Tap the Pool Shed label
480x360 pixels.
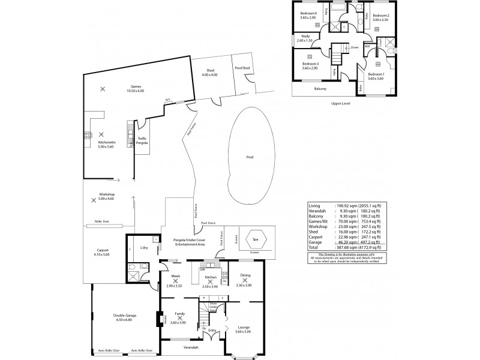pyautogui.click(x=242, y=68)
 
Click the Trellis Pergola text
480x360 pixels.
pyautogui.click(x=142, y=140)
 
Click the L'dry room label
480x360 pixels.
pyautogui.click(x=143, y=248)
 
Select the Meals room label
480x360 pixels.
pyautogui.click(x=175, y=277)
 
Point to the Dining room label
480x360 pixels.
pyautogui.click(x=245, y=276)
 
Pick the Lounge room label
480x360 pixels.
pyautogui.click(x=242, y=328)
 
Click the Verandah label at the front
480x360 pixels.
pyautogui.click(x=191, y=347)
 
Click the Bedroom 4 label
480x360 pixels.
pyautogui.click(x=308, y=15)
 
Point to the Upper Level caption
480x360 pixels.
pyautogui.click(x=340, y=103)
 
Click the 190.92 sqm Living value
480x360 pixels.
pyautogui.click(x=337, y=205)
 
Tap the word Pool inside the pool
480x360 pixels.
pyautogui.click(x=250, y=157)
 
